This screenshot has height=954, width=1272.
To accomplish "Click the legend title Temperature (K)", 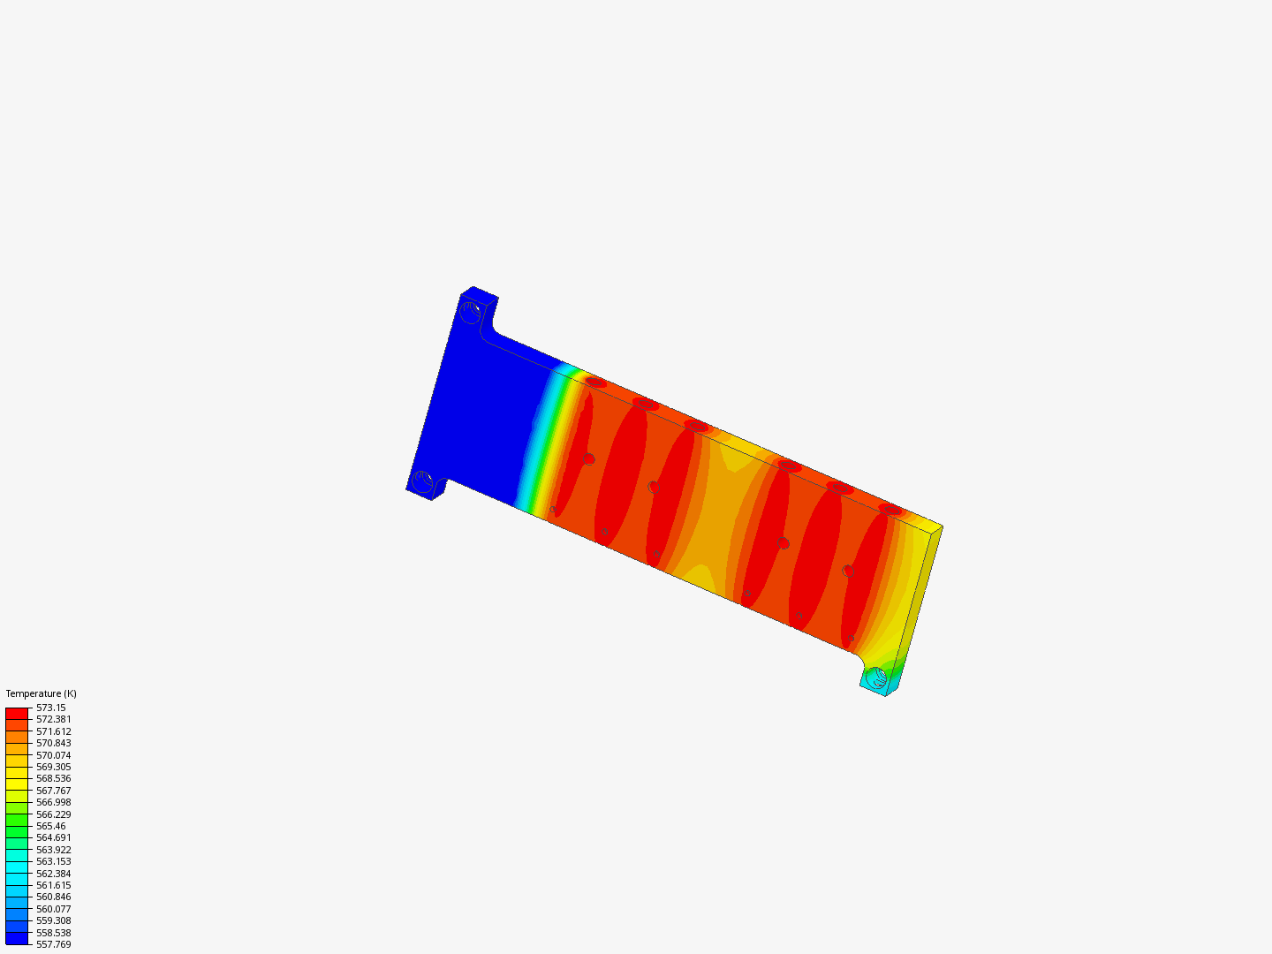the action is (x=42, y=693).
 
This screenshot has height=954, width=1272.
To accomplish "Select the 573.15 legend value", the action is (x=51, y=708).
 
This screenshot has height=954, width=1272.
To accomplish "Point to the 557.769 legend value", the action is (x=54, y=944).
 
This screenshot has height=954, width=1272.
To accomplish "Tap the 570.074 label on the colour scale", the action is (x=54, y=755).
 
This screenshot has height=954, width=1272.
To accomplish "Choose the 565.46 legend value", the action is (x=51, y=826).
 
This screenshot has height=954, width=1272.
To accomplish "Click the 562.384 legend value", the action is (x=54, y=874).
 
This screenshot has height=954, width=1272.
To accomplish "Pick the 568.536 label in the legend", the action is (x=54, y=778).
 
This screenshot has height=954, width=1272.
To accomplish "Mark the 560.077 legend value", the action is (x=54, y=909).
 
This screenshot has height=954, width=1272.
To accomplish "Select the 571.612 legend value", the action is (x=54, y=731).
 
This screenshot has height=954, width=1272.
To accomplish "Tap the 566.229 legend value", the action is (x=54, y=814).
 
